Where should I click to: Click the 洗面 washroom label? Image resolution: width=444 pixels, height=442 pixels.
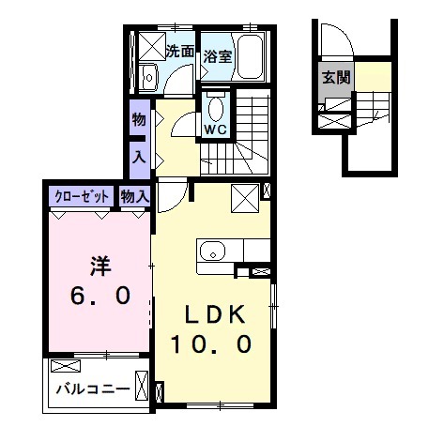click(180, 52)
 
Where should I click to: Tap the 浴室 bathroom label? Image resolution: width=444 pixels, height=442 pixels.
click(218, 56)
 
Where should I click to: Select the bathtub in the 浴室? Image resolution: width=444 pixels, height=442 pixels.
click(250, 57)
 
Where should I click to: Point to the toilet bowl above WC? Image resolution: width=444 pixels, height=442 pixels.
click(216, 109)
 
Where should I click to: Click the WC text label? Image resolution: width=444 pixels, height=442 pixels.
click(216, 130)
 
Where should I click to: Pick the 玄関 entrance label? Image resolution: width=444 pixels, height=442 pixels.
click(336, 77)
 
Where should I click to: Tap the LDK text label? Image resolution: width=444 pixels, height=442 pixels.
click(215, 314)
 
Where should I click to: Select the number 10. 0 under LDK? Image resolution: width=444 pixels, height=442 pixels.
click(211, 344)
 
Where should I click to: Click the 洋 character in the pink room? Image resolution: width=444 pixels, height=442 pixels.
click(100, 267)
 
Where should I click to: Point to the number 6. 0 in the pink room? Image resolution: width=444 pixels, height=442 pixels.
click(100, 296)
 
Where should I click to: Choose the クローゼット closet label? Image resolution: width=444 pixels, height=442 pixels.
click(82, 197)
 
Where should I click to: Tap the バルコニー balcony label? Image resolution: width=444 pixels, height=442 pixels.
click(93, 389)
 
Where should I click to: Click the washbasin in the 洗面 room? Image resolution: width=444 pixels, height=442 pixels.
click(149, 77)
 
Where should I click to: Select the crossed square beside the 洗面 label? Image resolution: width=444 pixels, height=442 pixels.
click(152, 46)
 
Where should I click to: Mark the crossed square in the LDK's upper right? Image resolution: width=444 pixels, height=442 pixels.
click(245, 199)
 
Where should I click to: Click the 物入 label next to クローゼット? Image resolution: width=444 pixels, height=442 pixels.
click(134, 197)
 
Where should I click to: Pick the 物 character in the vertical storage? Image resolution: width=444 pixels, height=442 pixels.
click(139, 119)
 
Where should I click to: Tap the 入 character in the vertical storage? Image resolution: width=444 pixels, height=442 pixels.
click(139, 157)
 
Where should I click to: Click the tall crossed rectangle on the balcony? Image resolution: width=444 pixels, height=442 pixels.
click(142, 386)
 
